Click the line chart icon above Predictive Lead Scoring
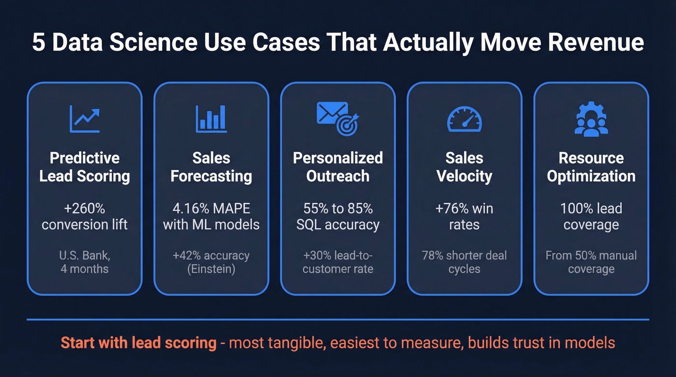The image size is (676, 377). [x=84, y=119]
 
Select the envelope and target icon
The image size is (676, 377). [x=338, y=118]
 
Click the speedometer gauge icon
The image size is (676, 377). [x=464, y=119]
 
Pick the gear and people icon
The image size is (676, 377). [x=591, y=119]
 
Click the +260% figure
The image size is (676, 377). [x=84, y=209]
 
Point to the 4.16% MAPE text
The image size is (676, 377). [x=211, y=209]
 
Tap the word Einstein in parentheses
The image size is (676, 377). [x=211, y=269]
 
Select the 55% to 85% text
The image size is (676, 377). [x=338, y=209]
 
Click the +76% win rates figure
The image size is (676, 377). [x=464, y=216]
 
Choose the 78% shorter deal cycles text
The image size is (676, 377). [x=464, y=262]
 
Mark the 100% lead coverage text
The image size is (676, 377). [x=591, y=216]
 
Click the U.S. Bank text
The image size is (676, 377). [x=84, y=255]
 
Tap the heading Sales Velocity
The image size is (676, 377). [x=464, y=167]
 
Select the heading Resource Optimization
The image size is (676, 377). [x=591, y=167]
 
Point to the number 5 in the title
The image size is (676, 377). [x=38, y=42]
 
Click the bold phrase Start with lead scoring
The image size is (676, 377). [x=138, y=343]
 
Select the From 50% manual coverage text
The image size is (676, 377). [x=591, y=262]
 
